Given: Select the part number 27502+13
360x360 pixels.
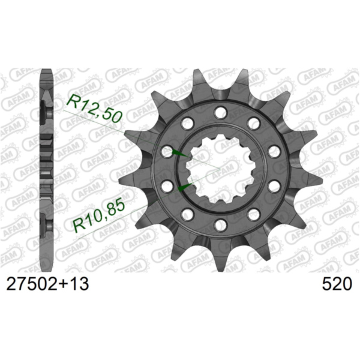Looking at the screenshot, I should pyautogui.click(x=47, y=283).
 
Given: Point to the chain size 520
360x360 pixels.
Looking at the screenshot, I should pyautogui.click(x=337, y=283).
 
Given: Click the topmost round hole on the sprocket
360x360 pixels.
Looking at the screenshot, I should pyautogui.click(x=220, y=111).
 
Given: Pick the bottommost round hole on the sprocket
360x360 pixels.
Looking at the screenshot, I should pyautogui.click(x=220, y=224).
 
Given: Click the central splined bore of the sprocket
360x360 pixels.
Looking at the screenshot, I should pyautogui.click(x=220, y=168).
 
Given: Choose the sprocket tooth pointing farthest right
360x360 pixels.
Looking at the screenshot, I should pyautogui.click(x=311, y=179).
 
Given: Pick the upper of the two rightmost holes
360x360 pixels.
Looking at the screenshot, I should pyautogui.click(x=274, y=151).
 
